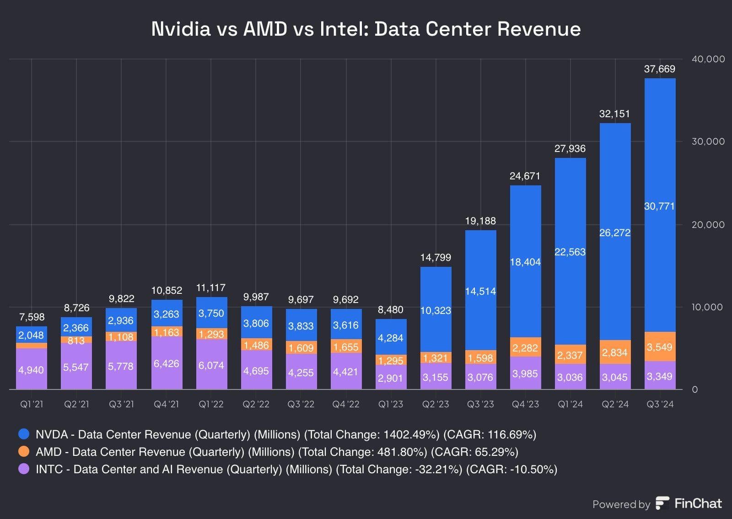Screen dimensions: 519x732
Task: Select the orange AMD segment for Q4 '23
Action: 525,347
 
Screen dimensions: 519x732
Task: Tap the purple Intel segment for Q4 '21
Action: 167,363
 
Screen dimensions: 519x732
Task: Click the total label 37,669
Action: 659,69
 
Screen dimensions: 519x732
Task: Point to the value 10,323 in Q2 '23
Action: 436,310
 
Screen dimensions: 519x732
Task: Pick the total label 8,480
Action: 391,310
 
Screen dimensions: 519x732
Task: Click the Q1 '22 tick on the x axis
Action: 211,404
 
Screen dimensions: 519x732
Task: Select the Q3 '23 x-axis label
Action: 480,404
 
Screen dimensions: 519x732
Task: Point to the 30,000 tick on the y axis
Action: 708,141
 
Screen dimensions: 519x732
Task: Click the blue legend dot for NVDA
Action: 24,434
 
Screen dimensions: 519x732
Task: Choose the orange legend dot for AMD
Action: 24,451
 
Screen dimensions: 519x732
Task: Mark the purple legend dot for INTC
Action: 24,469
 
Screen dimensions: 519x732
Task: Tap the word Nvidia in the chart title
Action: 181,29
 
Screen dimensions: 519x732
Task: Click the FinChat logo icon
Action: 662,503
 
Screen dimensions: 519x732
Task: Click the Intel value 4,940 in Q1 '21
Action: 31,370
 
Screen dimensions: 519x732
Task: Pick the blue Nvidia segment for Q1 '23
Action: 391,337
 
